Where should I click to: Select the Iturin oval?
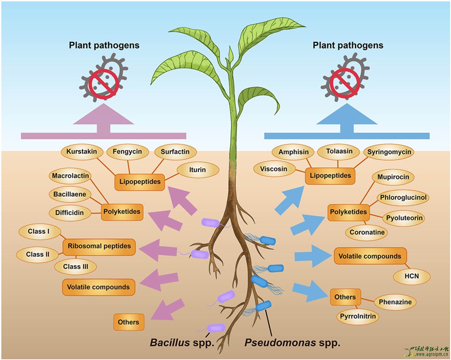click(x=197, y=169)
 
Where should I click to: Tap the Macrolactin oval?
click(x=70, y=176)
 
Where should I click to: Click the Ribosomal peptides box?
click(x=99, y=246)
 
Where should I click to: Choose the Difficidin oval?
click(x=69, y=213)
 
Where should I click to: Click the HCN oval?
click(x=411, y=277)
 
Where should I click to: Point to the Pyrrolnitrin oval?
click(x=357, y=316)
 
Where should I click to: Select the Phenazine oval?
click(x=395, y=302)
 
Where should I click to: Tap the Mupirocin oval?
click(x=393, y=178)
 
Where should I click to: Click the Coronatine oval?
click(x=366, y=233)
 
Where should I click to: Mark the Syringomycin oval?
click(x=389, y=152)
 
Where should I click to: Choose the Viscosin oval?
click(x=273, y=169)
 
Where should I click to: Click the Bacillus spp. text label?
click(x=182, y=343)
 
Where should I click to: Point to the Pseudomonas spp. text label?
click(x=292, y=343)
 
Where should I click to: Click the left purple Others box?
click(x=128, y=322)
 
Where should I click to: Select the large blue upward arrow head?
click(x=346, y=115)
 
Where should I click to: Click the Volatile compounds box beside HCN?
click(x=370, y=256)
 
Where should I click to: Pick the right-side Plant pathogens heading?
click(x=348, y=45)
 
